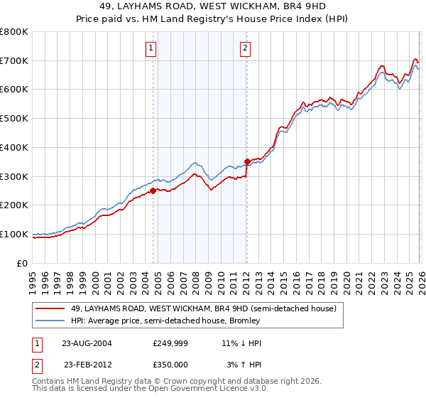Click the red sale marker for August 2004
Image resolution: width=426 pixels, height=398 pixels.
[153, 190]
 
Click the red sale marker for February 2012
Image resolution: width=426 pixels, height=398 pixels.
[246, 161]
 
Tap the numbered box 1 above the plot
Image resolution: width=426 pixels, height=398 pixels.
[153, 48]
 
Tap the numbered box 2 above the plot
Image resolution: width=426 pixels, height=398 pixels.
[246, 48]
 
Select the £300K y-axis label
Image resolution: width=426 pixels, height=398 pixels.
[14, 176]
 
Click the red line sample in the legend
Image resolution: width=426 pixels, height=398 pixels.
[51, 308]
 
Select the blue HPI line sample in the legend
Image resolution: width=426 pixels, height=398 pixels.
[51, 321]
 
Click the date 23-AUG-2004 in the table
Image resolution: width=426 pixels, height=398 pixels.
[87, 343]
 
